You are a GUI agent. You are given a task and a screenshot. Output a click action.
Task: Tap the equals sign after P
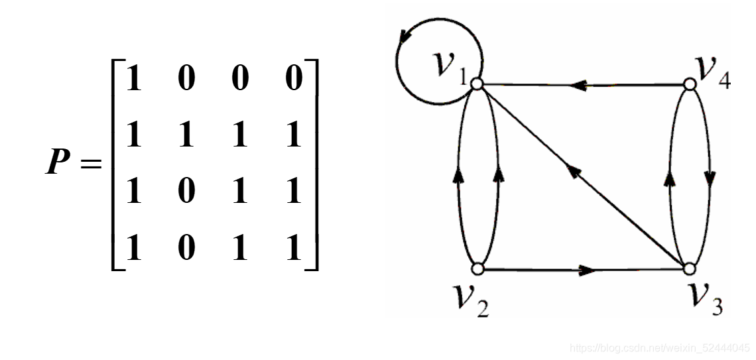[91, 161]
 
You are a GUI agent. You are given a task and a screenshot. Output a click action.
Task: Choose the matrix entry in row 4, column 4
[293, 249]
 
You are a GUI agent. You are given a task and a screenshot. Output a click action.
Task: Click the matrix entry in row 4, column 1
[134, 249]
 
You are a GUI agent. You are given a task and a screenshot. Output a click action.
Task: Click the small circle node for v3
[689, 269]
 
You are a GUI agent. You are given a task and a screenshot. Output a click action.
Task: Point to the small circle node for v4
[689, 85]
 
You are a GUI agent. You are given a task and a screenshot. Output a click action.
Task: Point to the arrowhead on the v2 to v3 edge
[586, 270]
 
